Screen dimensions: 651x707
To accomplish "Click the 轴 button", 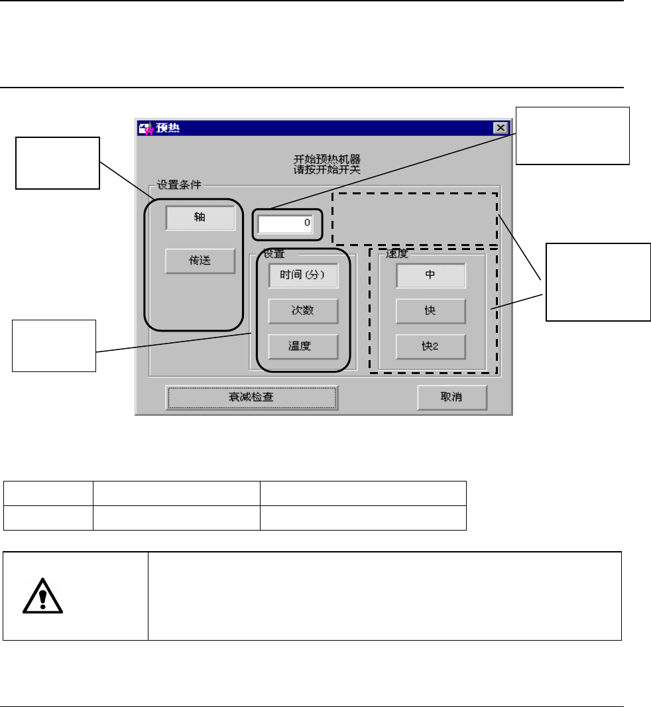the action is click(x=200, y=218).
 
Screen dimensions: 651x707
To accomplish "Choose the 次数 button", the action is click(x=303, y=310).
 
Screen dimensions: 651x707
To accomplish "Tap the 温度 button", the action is click(x=303, y=346).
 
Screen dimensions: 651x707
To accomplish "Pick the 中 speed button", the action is click(x=430, y=275).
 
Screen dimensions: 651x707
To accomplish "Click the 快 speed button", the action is click(x=430, y=310).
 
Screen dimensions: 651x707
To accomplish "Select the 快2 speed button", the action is click(x=430, y=346).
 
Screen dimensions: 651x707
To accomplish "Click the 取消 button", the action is click(x=451, y=397).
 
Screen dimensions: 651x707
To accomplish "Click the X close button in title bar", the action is click(x=501, y=128).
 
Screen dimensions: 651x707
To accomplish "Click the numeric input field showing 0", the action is click(x=286, y=224).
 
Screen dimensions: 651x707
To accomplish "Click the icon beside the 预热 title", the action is click(x=145, y=128).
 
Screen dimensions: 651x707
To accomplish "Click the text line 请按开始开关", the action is click(x=327, y=169).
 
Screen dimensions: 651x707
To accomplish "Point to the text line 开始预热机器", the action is click(x=327, y=159).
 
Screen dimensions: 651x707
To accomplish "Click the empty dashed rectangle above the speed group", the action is click(x=414, y=218).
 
